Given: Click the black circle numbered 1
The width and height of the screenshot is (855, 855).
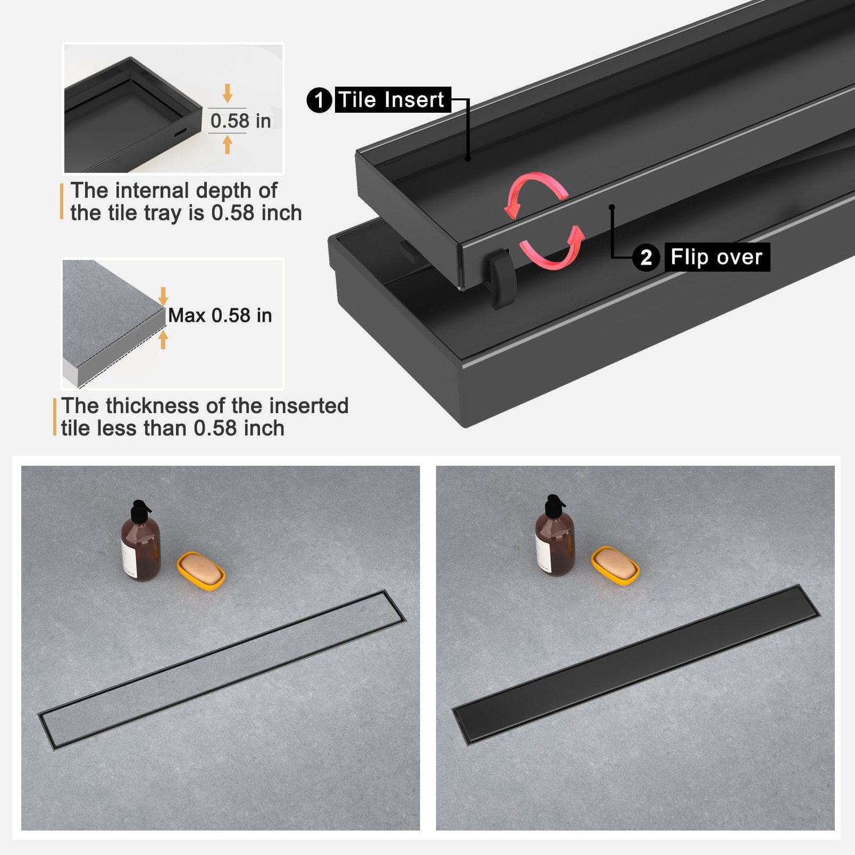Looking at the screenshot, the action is (x=319, y=100).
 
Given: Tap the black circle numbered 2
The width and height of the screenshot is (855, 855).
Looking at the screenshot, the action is (x=646, y=258).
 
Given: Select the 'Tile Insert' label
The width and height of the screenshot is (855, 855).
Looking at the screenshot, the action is (x=392, y=100).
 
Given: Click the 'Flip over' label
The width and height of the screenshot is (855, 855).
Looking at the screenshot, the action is (x=717, y=258).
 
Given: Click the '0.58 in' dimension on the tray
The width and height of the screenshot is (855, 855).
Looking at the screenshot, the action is (x=240, y=121).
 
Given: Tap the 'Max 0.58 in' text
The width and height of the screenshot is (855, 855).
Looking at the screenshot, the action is (x=220, y=315).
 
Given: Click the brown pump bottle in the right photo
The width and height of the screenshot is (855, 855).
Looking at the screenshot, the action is (x=555, y=535).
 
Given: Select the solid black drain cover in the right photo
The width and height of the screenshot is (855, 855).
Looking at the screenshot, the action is (x=636, y=664).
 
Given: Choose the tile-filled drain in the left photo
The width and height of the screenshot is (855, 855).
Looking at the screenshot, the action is (x=222, y=670).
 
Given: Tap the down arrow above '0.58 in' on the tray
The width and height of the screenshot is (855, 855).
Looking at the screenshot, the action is (x=228, y=93).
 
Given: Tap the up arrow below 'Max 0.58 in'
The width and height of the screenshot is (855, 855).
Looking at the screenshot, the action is (x=164, y=339).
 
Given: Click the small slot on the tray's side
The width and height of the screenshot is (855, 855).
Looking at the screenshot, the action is (x=181, y=131).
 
